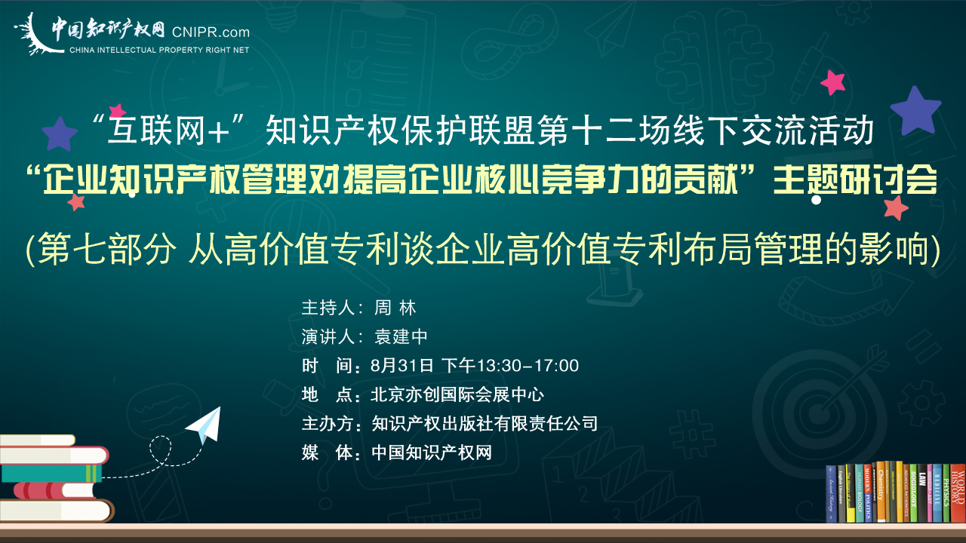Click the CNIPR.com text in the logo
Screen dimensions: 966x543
(211, 32)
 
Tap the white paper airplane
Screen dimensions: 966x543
(205, 425)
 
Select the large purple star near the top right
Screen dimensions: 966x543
(915, 110)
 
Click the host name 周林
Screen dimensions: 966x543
(395, 308)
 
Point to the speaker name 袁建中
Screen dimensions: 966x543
(401, 336)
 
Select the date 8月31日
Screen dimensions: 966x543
(401, 366)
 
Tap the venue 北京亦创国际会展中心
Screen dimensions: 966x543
(457, 394)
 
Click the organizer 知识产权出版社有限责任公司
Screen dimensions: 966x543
(485, 424)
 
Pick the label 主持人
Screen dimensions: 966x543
(328, 308)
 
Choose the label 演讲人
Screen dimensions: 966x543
(328, 336)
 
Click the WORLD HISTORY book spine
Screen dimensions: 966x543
(958, 492)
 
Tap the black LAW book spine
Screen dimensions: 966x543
(922, 493)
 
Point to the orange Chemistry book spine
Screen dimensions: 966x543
(881, 492)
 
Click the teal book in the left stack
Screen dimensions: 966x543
(51, 473)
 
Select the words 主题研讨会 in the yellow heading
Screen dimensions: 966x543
(855, 180)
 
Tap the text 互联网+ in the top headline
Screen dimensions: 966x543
(168, 130)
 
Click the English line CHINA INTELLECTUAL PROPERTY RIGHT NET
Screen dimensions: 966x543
(159, 50)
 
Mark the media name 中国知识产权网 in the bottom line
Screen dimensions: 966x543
(432, 452)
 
